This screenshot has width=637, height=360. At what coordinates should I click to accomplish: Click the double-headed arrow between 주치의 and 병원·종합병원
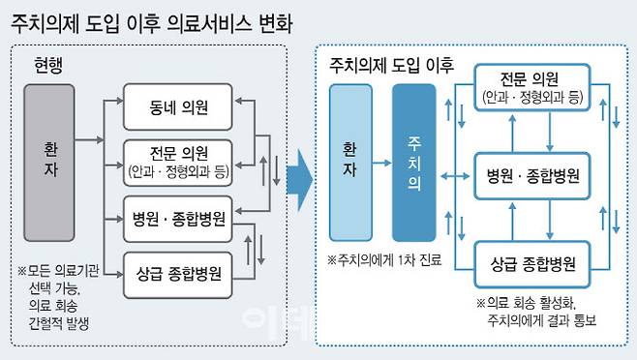454,178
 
